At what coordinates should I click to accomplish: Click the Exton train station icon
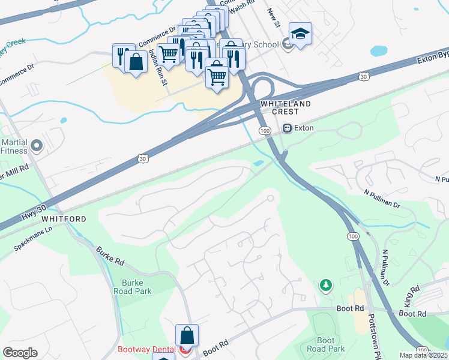coord(288,128)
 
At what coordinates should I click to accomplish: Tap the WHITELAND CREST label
coord(286,108)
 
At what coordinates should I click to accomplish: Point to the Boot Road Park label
coord(325,344)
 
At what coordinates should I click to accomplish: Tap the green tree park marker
coord(325,285)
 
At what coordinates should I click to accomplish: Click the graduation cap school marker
coord(300,34)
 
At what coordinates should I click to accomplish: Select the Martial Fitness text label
coord(14,148)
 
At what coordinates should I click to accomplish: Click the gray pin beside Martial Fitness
coord(37,145)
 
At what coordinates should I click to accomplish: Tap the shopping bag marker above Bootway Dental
coord(187,336)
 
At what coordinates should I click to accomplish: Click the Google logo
coord(20,353)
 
